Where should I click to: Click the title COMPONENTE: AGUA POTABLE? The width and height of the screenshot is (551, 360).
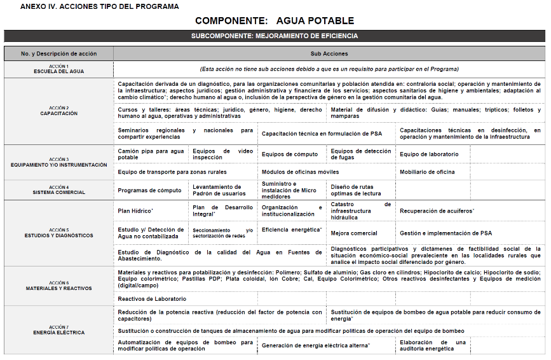pyautogui.click(x=275, y=21)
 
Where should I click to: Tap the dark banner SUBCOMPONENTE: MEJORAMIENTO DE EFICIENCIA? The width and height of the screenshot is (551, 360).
pyautogui.click(x=275, y=36)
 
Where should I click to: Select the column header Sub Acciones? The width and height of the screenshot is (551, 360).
pyautogui.click(x=329, y=54)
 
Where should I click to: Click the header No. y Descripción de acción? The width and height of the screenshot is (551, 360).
pyautogui.click(x=58, y=54)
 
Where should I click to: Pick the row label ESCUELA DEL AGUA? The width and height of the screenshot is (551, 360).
pyautogui.click(x=58, y=71)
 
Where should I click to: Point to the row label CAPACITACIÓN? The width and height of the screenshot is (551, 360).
pyautogui.click(x=58, y=113)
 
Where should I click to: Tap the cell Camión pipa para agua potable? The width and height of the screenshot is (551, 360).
pyautogui.click(x=151, y=155)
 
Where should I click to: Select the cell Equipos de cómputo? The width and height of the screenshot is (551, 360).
pyautogui.click(x=290, y=155)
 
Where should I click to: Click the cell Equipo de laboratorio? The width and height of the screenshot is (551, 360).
pyautogui.click(x=429, y=155)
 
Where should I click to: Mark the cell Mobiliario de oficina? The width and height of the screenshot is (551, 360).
pyautogui.click(x=427, y=172)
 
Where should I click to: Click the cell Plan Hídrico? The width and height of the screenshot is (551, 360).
pyautogui.click(x=135, y=211)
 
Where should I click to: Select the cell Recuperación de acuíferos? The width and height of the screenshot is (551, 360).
pyautogui.click(x=437, y=211)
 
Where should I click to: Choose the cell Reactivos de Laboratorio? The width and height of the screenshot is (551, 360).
pyautogui.click(x=152, y=298)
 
